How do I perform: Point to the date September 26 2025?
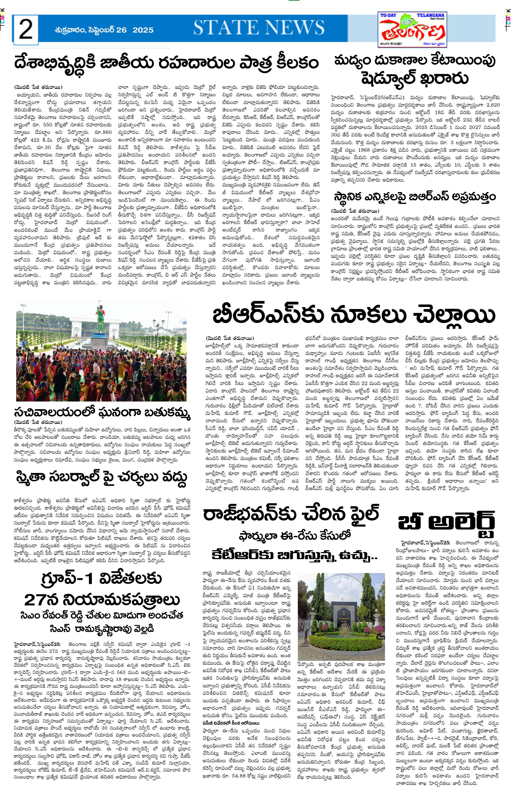click(104, 30)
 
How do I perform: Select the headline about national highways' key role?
click(166, 63)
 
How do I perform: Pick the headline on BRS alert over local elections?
click(415, 197)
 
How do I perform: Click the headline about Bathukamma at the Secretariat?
click(102, 413)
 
